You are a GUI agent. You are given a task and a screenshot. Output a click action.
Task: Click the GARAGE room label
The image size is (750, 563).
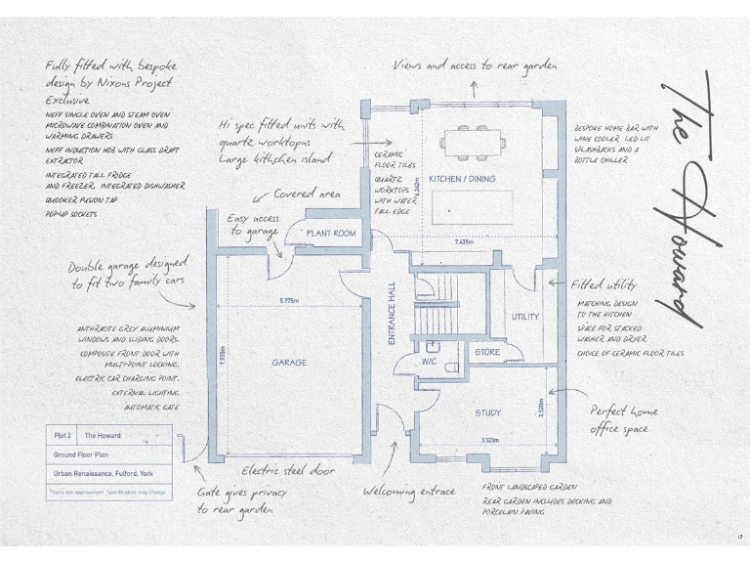click(x=289, y=363)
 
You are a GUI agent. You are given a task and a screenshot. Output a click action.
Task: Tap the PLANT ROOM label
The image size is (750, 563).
click(x=331, y=235)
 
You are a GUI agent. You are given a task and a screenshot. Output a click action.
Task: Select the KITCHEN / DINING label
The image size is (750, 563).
click(x=462, y=179)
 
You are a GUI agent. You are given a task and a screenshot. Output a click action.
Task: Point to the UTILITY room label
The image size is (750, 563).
click(x=524, y=317)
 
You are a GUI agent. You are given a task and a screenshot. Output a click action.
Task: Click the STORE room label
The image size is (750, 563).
click(x=486, y=352)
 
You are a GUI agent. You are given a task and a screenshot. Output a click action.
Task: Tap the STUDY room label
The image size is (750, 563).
click(x=488, y=413)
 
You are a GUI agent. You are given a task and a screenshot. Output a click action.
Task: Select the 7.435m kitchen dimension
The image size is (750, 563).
click(x=470, y=241)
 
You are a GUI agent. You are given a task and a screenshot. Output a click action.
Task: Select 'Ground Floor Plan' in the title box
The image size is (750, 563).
click(x=80, y=455)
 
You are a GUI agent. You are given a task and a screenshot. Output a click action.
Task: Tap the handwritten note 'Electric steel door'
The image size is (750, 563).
click(x=288, y=470)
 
